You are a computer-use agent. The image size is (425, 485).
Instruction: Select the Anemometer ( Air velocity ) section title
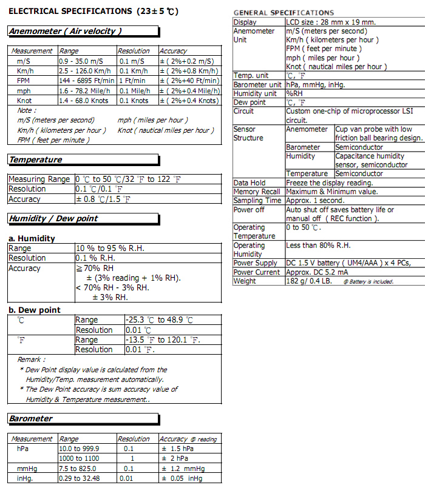pyautogui.click(x=65, y=31)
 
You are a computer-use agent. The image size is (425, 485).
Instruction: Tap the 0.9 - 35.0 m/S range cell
pyautogui.click(x=81, y=61)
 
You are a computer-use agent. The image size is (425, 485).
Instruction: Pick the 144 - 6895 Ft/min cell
pyautogui.click(x=86, y=81)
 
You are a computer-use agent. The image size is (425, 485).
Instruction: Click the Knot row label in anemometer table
pyautogui.click(x=24, y=101)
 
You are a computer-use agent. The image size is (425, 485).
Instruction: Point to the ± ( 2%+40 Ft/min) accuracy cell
pyautogui.click(x=189, y=81)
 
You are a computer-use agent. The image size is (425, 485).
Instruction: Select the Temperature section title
pyautogui.click(x=35, y=159)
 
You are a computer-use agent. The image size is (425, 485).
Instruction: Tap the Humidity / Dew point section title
pyautogui.click(x=53, y=218)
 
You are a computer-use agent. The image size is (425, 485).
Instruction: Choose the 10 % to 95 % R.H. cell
pyautogui.click(x=110, y=249)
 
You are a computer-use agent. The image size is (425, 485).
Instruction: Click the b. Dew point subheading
pyautogui.click(x=35, y=310)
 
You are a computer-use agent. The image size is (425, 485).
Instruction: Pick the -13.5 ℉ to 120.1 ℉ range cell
pyautogui.click(x=162, y=340)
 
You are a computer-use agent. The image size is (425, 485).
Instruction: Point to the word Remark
pyautogui.click(x=30, y=360)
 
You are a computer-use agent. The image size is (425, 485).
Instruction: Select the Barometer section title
pyautogui.click(x=31, y=418)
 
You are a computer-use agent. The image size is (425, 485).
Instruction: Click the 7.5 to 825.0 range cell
pyautogui.click(x=78, y=469)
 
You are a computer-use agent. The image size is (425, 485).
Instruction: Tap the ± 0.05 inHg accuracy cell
pyautogui.click(x=183, y=478)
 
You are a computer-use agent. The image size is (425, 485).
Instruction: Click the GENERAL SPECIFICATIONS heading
pyautogui.click(x=284, y=13)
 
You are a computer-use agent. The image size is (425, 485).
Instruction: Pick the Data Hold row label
pyautogui.click(x=250, y=182)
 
